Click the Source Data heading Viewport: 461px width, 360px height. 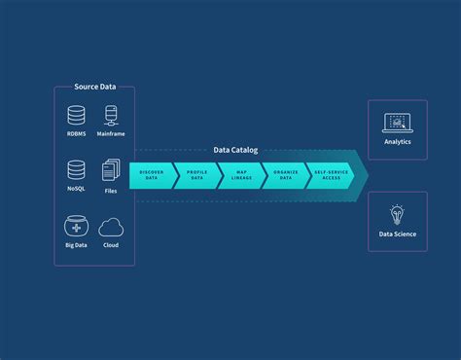tap(94, 88)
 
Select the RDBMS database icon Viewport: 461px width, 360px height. tap(77, 116)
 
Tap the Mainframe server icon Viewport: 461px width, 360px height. tap(112, 116)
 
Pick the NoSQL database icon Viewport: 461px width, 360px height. tap(77, 170)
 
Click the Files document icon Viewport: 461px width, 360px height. tap(112, 170)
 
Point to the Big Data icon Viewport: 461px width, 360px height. tap(77, 226)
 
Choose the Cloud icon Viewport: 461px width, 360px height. tap(112, 227)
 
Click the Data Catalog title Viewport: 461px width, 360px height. tap(236, 150)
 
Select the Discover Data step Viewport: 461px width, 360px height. tap(151, 175)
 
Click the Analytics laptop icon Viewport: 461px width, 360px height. tap(397, 122)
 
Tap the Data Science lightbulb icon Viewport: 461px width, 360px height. tap(397, 214)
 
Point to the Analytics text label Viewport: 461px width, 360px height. tap(397, 142)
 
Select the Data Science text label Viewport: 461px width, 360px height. tap(397, 234)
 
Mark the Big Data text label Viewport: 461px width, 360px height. tap(77, 246)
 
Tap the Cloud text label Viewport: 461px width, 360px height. tap(112, 246)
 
